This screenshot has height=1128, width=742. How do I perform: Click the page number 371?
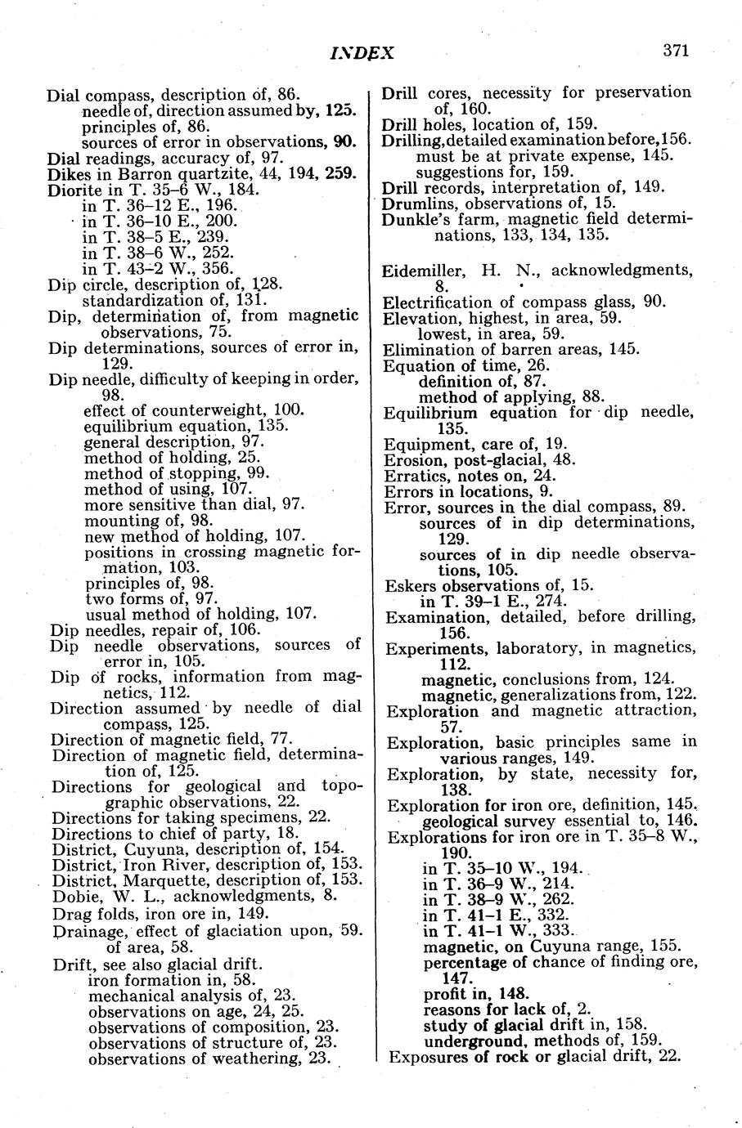point(676,51)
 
